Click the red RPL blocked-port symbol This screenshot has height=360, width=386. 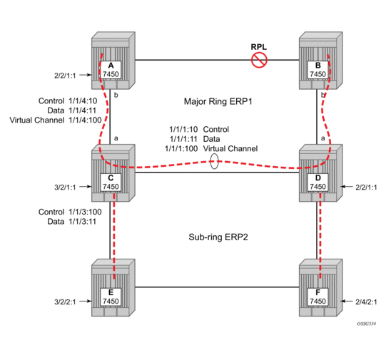[x=259, y=61]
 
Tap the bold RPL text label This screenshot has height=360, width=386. [x=259, y=47]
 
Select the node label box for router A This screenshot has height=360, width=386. [x=111, y=70]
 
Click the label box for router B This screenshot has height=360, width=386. [x=318, y=70]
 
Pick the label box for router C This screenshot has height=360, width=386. [x=111, y=182]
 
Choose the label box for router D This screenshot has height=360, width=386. [x=318, y=182]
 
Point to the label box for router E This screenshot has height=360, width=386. [x=111, y=297]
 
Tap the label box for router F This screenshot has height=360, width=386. [x=318, y=297]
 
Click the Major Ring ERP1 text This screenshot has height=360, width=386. [x=218, y=101]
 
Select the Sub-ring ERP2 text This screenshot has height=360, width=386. [x=218, y=237]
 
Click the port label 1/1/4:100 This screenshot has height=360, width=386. [x=85, y=120]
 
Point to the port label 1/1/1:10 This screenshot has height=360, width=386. [x=183, y=129]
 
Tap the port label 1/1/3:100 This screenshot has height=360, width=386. [x=85, y=212]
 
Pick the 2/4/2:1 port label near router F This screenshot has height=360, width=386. [x=366, y=302]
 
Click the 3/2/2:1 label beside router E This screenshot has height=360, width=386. [x=65, y=302]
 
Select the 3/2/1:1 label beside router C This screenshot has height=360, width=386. [x=65, y=187]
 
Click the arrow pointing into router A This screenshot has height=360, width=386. [x=86, y=75]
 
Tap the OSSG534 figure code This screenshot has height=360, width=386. [x=366, y=324]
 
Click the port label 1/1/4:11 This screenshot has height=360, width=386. [x=83, y=110]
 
